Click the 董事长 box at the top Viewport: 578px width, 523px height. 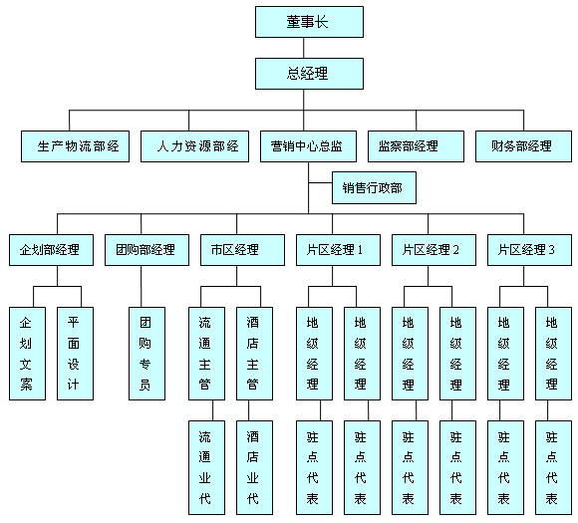(x=309, y=22)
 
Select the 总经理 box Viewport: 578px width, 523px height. (x=309, y=74)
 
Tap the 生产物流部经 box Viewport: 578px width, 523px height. (x=75, y=146)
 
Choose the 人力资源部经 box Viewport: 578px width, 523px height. (x=194, y=146)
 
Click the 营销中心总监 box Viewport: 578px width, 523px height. (x=308, y=146)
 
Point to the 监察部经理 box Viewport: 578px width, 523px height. (x=416, y=146)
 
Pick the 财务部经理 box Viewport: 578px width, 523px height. (x=523, y=146)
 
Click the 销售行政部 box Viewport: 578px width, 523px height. (x=374, y=187)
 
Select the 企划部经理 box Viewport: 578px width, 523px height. (x=51, y=250)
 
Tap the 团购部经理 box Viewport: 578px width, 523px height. (x=146, y=250)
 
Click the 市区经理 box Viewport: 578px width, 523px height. (x=242, y=250)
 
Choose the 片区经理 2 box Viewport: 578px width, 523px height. (x=433, y=250)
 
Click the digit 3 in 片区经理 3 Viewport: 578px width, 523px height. (x=551, y=250)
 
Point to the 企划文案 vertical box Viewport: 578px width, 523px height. (x=27, y=354)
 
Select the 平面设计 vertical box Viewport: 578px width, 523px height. (x=75, y=354)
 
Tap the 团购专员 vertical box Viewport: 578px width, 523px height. (x=146, y=354)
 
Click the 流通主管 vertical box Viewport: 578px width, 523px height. (x=207, y=354)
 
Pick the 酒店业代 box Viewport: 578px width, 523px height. (x=254, y=468)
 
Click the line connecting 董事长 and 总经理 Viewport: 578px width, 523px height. (x=304, y=48)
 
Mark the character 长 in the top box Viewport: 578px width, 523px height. (x=321, y=22)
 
